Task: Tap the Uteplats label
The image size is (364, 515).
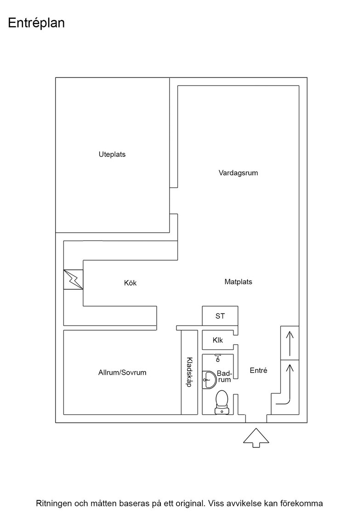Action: coord(112,154)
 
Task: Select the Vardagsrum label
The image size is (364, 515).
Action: coord(238,173)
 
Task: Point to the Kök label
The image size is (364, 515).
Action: coord(131,283)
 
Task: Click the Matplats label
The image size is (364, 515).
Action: coord(238,282)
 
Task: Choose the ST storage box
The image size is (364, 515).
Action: coord(220,316)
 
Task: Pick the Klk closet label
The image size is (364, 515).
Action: coord(217,340)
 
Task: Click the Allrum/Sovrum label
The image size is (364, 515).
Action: coord(122,372)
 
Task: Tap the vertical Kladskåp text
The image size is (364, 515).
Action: coord(189,372)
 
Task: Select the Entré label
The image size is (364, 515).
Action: coord(259,371)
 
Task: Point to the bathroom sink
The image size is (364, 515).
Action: coord(209,379)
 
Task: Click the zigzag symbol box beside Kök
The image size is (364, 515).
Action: coord(73,280)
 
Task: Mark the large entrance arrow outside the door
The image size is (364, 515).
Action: coord(256,437)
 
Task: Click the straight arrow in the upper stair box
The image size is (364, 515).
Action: coord(290,343)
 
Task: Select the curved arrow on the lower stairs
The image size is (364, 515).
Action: coord(289,388)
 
